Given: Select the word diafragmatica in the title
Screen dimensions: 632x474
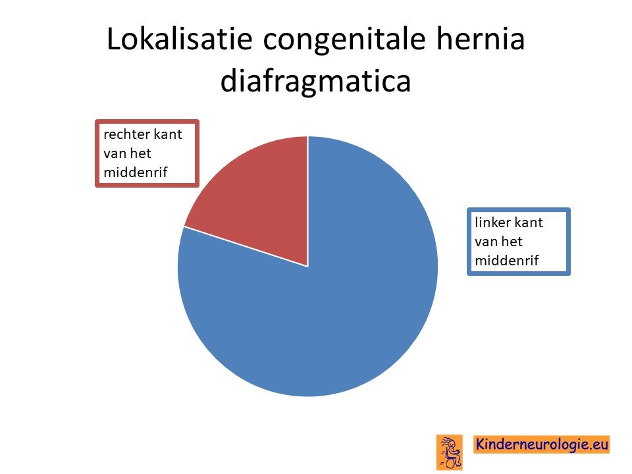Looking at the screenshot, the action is [315, 80].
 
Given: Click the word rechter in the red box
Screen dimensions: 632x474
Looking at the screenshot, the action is [125, 134].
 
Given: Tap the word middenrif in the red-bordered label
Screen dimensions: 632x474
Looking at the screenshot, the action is [136, 172].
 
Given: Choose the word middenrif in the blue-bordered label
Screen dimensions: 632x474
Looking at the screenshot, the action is [507, 261].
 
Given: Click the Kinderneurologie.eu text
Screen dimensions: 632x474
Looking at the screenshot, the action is [542, 444].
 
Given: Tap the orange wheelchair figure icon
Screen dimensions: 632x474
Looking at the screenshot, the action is [450, 452].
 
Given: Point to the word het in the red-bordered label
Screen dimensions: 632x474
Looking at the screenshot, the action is [141, 153].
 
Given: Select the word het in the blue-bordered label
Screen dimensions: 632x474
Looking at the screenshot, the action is [512, 241].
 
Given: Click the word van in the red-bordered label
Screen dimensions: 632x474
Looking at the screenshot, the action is [115, 154].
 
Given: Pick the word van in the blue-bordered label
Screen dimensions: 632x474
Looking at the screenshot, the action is [486, 242].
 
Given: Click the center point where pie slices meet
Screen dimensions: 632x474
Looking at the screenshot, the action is [308, 267].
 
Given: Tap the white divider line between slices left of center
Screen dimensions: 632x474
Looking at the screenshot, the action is [246, 247].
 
